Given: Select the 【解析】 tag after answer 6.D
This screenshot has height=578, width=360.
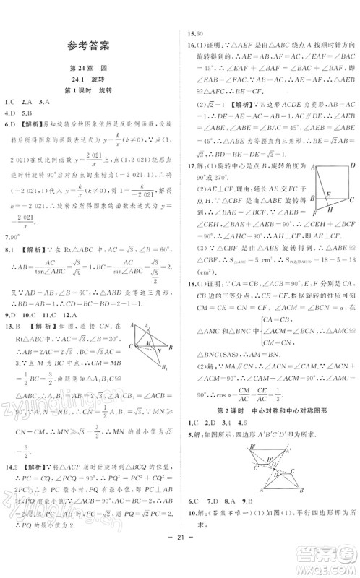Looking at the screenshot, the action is pos(28,121).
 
